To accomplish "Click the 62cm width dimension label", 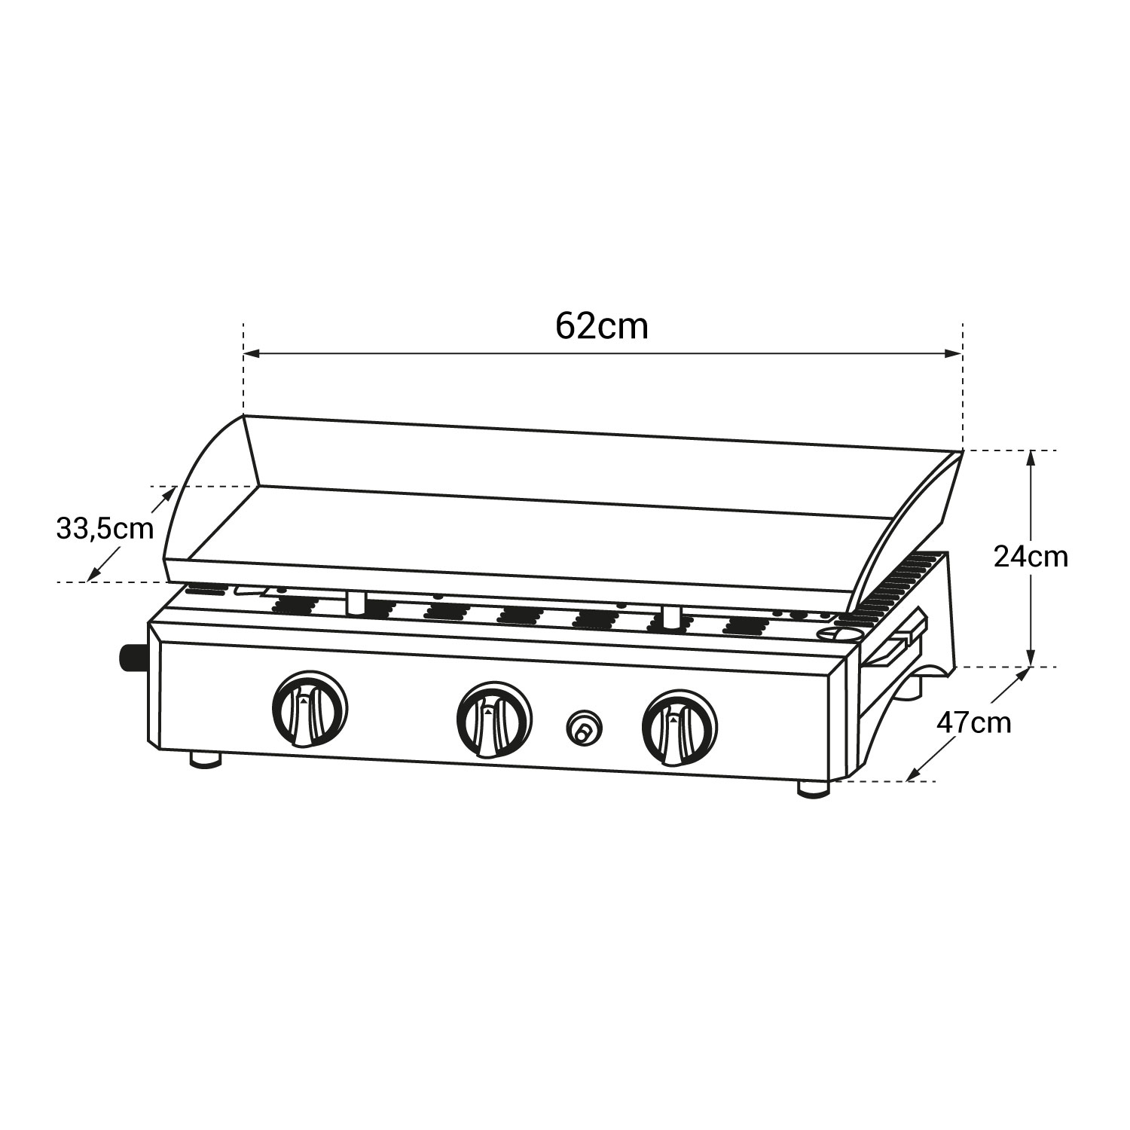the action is click(x=602, y=327).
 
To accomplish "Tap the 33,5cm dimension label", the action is click(x=105, y=528).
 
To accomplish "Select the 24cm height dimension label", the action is click(x=1031, y=557).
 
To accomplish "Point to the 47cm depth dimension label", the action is click(x=973, y=723).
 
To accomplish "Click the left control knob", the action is click(x=310, y=708).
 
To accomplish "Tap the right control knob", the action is click(x=680, y=726).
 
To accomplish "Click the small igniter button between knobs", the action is click(x=584, y=727).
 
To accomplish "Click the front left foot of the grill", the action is click(x=206, y=759).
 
